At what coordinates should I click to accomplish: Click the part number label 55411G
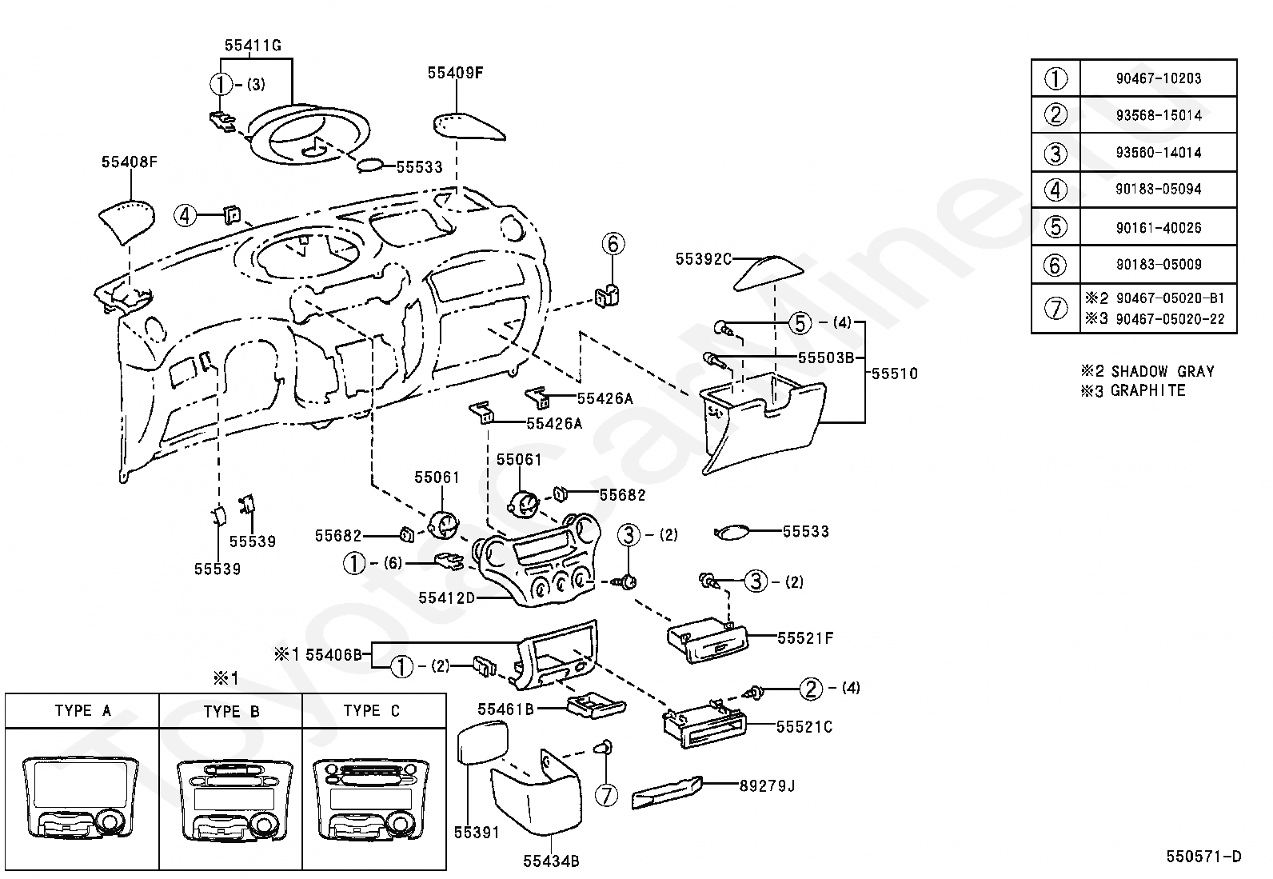[x=253, y=46]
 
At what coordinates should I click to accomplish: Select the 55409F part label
[x=455, y=73]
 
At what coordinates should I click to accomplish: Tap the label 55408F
[x=129, y=162]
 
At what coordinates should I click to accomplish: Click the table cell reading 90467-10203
[x=1158, y=78]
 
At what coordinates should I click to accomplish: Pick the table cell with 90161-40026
[x=1158, y=228]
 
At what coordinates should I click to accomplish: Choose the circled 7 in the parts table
[x=1056, y=309]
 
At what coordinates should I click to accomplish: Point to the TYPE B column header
[x=231, y=711]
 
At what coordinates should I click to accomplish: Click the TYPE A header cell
[x=82, y=711]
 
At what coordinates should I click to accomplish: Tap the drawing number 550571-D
[x=1203, y=857]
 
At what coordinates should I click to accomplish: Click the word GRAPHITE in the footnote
[x=1148, y=390]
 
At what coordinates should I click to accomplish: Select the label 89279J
[x=767, y=785]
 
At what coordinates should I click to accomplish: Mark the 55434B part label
[x=551, y=861]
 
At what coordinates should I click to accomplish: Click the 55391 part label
[x=477, y=833]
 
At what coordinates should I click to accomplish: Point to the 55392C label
[x=704, y=259]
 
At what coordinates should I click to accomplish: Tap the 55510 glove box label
[x=895, y=374]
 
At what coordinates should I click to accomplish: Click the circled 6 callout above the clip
[x=613, y=244]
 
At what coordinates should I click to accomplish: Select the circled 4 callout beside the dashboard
[x=185, y=215]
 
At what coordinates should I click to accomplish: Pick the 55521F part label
[x=805, y=638]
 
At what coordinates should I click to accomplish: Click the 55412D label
[x=447, y=598]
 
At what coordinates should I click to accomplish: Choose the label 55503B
[x=826, y=358]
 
